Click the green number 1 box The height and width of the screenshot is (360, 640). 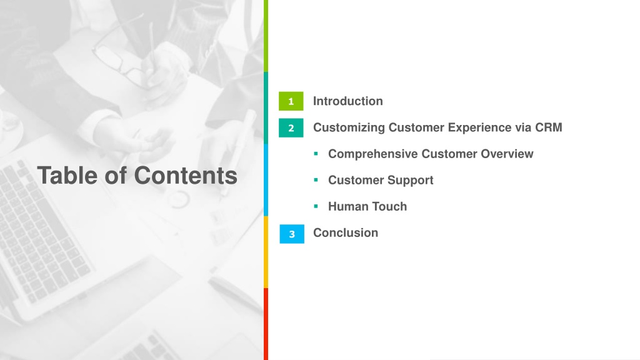291,101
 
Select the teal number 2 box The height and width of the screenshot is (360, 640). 291,127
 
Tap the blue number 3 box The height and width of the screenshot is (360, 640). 292,234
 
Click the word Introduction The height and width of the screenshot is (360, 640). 347,101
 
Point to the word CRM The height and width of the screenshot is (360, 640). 549,127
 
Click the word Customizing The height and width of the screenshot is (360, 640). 349,127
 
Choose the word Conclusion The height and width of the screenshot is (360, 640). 345,232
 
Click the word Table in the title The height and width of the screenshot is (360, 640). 67,176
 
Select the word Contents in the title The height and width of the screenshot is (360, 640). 186,176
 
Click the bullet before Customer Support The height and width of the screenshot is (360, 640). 316,180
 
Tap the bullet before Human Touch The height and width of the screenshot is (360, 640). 316,206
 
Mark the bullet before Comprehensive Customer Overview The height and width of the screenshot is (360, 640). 316,154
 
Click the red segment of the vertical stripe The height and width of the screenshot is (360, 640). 266,324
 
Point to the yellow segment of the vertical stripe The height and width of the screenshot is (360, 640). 266,252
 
